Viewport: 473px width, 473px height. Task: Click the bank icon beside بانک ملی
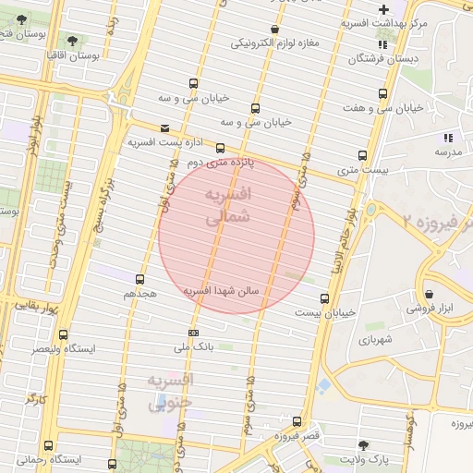pyautogui.click(x=193, y=333)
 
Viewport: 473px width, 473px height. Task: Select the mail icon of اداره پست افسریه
pyautogui.click(x=164, y=128)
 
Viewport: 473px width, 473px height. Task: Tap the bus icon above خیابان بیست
pyautogui.click(x=324, y=298)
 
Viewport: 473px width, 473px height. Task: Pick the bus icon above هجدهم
pyautogui.click(x=140, y=279)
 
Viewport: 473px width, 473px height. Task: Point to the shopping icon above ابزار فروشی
pyautogui.click(x=430, y=295)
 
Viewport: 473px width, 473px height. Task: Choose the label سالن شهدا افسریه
pyautogui.click(x=225, y=290)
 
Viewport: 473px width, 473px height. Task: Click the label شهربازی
pyautogui.click(x=376, y=340)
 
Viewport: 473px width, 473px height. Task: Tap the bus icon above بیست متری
pyautogui.click(x=361, y=156)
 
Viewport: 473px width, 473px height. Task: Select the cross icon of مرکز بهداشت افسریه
pyautogui.click(x=383, y=9)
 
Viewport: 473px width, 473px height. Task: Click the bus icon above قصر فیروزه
pyautogui.click(x=297, y=420)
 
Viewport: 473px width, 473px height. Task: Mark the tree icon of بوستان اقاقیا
pyautogui.click(x=73, y=41)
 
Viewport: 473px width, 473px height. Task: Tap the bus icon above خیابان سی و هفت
pyautogui.click(x=383, y=93)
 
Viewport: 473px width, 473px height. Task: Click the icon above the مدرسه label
pyautogui.click(x=448, y=138)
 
